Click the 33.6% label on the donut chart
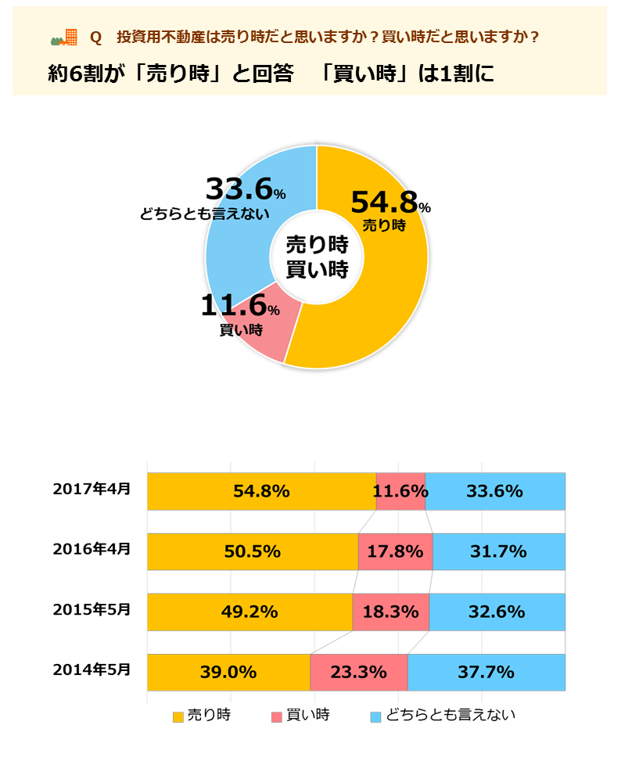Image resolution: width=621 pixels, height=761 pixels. point(240,189)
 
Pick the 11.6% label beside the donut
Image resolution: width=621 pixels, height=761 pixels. point(235,306)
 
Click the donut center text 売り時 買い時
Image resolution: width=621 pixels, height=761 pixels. point(317,257)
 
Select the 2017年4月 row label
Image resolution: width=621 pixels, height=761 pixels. point(92,490)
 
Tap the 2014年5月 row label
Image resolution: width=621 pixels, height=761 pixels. point(92,670)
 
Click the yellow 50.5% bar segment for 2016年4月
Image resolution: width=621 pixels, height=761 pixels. point(253,551)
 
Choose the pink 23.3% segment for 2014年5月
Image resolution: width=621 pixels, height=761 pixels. point(359,672)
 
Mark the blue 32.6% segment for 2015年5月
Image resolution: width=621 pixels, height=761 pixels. point(497,612)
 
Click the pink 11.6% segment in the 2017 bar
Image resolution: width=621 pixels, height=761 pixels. point(400,491)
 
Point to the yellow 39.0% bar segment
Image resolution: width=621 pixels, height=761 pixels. point(228,672)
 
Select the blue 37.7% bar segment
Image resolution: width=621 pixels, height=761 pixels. point(486,672)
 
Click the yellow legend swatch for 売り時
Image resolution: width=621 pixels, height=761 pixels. point(178,716)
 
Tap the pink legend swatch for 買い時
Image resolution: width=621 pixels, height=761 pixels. point(276,716)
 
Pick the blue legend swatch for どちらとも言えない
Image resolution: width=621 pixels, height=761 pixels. point(375,716)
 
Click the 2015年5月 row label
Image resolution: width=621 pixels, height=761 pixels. point(92,610)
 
